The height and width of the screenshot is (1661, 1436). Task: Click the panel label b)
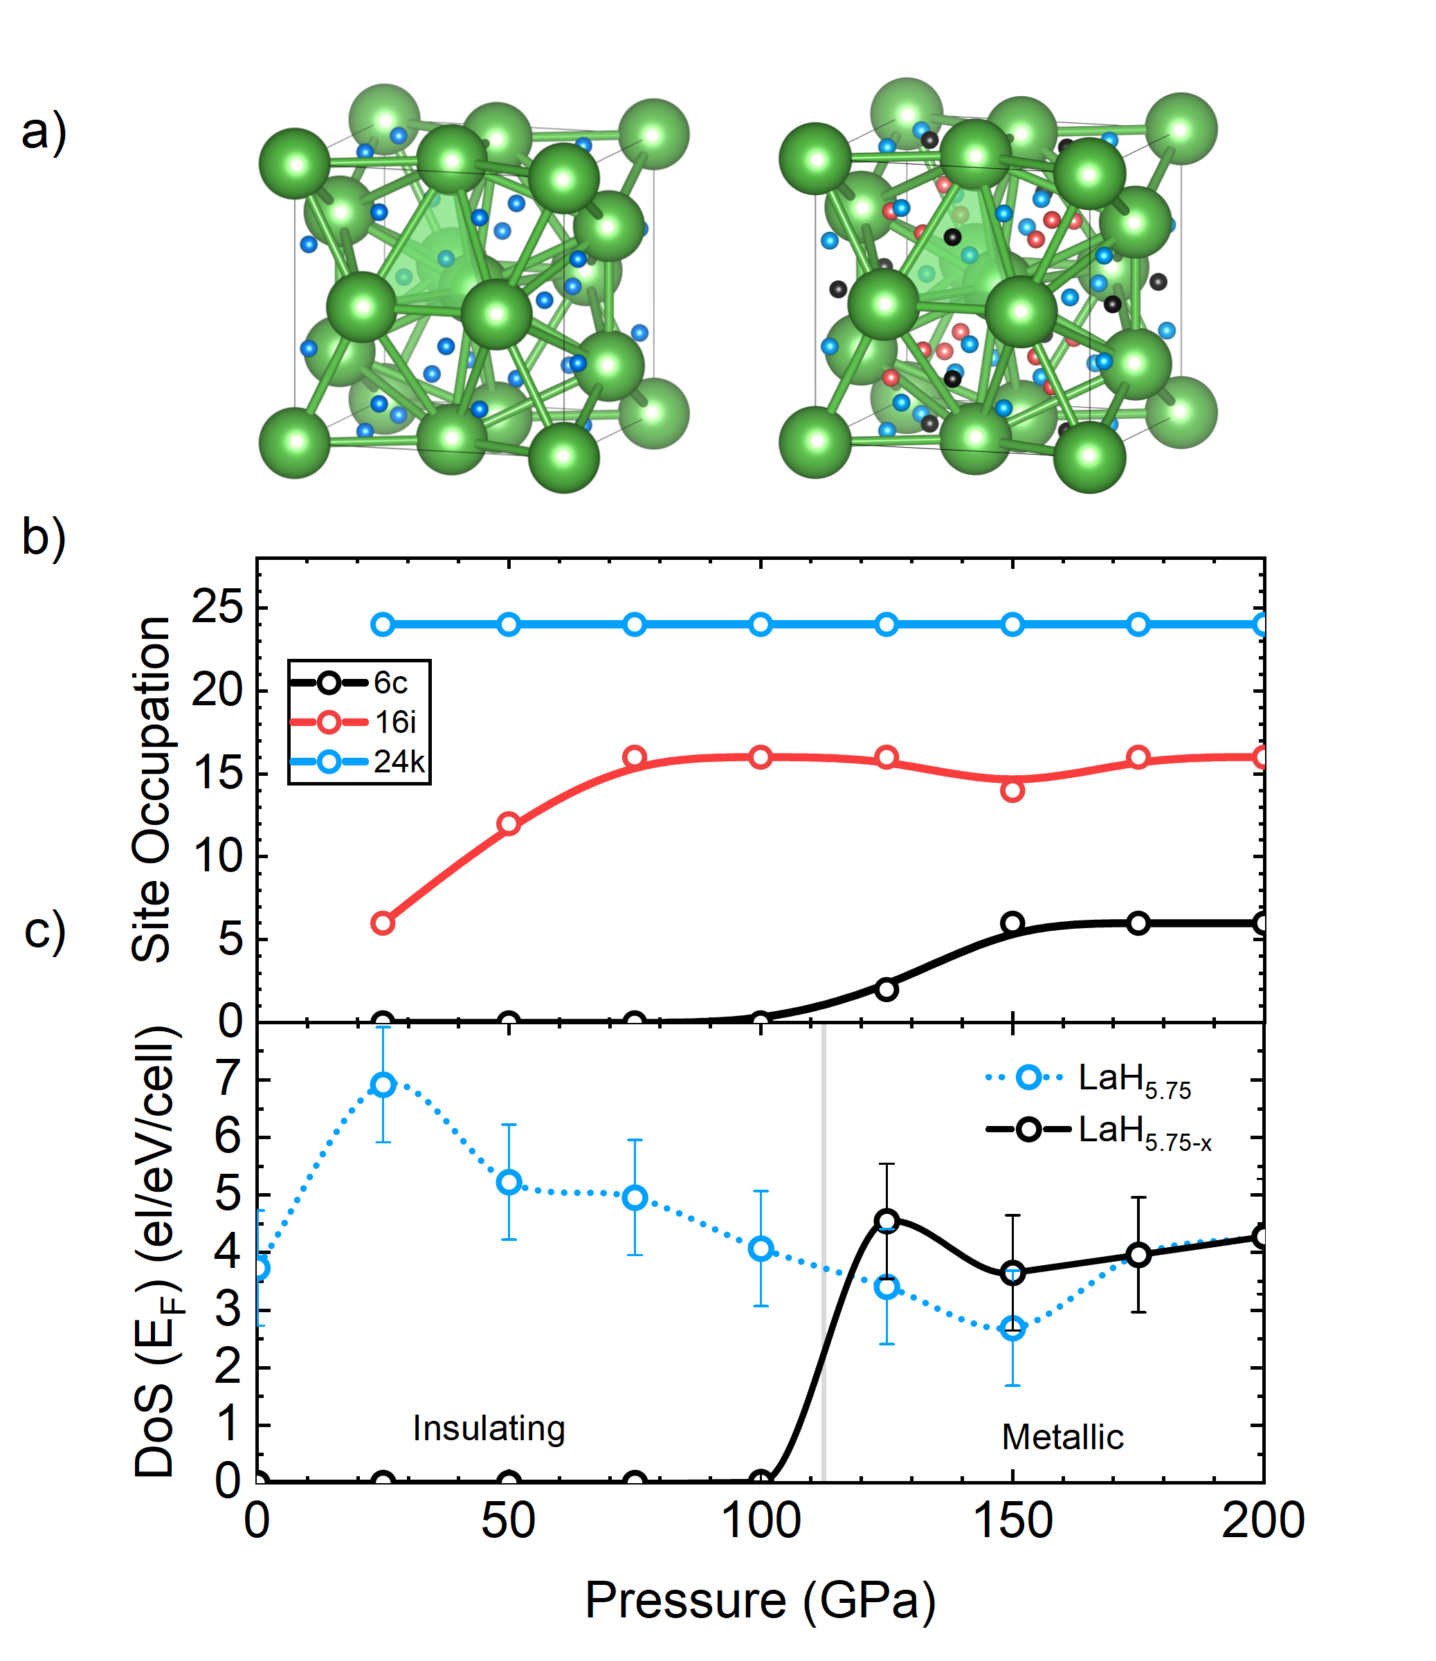tap(44, 537)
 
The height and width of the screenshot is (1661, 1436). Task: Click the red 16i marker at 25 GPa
tap(383, 923)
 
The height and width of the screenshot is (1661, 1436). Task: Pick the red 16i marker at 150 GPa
tap(1012, 791)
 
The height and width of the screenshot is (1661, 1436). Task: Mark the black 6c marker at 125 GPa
tap(886, 989)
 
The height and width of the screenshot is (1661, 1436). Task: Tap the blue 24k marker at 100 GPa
tap(761, 624)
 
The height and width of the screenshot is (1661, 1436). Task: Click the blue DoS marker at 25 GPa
tap(383, 1084)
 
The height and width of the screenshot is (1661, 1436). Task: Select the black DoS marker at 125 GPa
tap(886, 1221)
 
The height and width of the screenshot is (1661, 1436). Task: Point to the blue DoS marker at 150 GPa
tap(1012, 1328)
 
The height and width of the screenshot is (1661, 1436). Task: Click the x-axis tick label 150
tap(1012, 1521)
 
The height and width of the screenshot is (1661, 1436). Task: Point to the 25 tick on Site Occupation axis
tap(217, 607)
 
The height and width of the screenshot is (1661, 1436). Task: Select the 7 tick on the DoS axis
tap(228, 1078)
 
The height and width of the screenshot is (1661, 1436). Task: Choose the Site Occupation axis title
tap(152, 790)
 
